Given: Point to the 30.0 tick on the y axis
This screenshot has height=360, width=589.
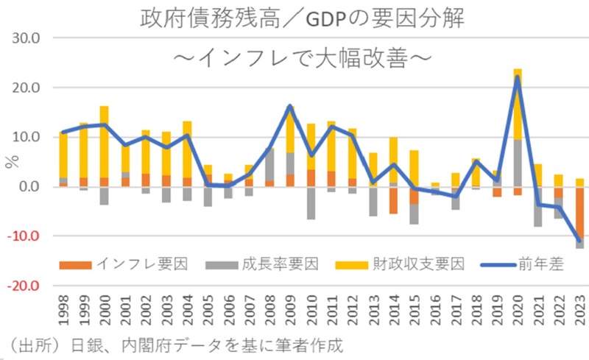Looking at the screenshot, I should pos(24,38).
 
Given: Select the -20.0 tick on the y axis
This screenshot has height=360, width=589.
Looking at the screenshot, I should pos(23,286).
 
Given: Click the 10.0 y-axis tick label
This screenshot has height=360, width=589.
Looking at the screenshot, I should pos(24,137).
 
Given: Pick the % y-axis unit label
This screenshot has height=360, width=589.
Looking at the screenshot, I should pos(10,163).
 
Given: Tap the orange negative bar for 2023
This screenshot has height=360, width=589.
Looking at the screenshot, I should pos(579,213).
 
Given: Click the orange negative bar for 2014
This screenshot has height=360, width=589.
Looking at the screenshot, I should pos(394,200).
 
